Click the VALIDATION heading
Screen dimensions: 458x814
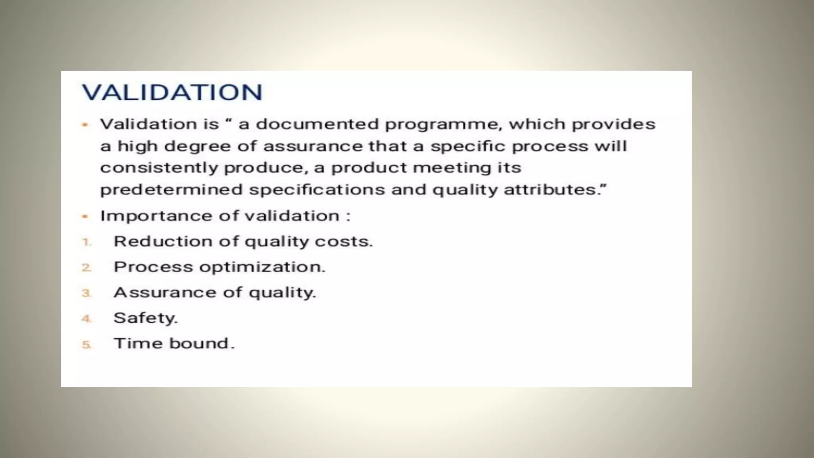coord(172,92)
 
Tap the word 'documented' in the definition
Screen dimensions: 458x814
coord(317,124)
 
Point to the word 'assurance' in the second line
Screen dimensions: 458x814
coord(313,146)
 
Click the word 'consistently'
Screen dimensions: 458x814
coord(159,168)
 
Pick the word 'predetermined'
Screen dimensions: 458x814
coord(171,190)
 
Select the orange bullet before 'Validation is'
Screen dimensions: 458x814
coord(85,125)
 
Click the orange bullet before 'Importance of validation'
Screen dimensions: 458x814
coord(85,217)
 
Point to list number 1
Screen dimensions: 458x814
coord(86,242)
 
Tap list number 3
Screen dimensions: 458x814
coord(86,293)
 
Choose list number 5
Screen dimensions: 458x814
coord(86,344)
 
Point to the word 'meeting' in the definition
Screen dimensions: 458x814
coord(452,168)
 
